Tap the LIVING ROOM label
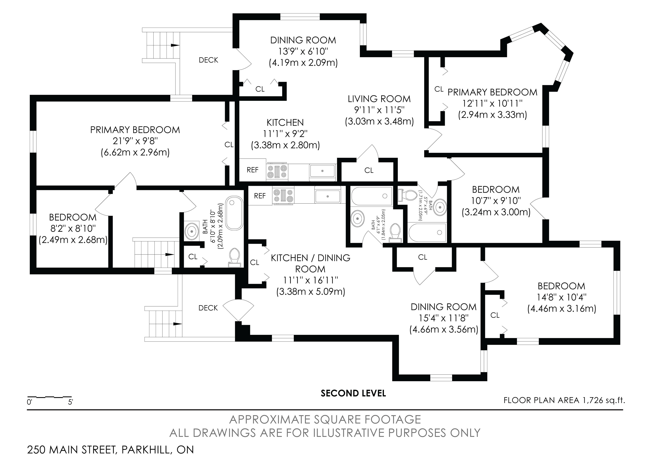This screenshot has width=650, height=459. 379,99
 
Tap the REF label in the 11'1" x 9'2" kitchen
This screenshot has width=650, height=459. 253,170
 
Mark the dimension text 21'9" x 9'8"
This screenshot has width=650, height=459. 135,141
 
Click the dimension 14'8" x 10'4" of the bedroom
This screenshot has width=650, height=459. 561,297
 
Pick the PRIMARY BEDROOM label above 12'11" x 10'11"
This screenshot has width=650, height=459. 492,92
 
